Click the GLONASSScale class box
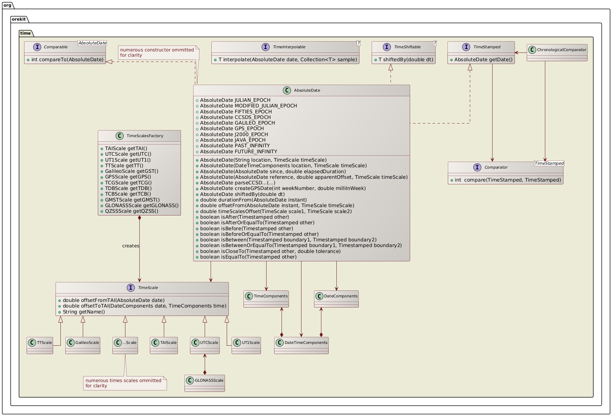205,383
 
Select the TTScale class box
40,345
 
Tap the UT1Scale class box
246,345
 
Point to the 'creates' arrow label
131,246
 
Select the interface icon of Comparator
477,167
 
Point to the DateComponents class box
336,299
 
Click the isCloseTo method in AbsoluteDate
270,251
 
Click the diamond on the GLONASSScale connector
205,372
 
